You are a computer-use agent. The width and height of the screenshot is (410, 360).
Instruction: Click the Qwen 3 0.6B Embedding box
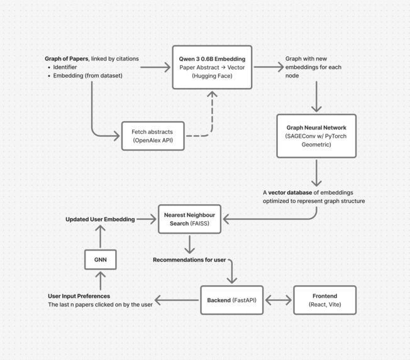[212, 67]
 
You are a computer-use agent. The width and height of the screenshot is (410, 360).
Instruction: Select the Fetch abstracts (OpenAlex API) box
[153, 136]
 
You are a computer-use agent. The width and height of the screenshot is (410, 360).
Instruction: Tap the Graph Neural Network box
[316, 136]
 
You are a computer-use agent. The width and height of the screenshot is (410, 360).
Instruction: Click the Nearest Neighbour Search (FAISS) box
[189, 219]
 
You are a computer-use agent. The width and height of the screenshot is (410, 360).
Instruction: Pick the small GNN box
[101, 259]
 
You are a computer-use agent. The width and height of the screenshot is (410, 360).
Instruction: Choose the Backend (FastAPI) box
[231, 300]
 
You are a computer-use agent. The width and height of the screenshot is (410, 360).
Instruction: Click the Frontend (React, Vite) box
[324, 300]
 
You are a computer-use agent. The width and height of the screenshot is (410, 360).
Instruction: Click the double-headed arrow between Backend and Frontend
[278, 300]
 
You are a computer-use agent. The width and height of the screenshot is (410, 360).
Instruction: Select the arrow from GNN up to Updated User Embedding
[101, 236]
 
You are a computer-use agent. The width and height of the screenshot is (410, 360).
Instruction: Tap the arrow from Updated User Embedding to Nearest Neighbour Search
[147, 219]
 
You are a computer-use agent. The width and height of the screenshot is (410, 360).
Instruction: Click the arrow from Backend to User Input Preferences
[177, 300]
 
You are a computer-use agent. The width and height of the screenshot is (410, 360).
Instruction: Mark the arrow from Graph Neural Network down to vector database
[316, 173]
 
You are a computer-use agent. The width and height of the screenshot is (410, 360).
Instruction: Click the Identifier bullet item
[65, 67]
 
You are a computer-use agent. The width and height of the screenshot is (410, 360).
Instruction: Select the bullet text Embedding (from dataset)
[87, 75]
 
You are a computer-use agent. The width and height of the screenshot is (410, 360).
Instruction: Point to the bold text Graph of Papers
[67, 59]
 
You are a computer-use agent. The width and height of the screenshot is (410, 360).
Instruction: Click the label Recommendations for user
[189, 260]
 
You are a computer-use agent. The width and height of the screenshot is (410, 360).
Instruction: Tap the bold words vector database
[290, 192]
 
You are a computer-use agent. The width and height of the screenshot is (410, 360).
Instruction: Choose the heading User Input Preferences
[79, 296]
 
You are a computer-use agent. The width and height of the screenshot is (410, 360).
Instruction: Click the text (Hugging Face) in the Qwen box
[212, 76]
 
